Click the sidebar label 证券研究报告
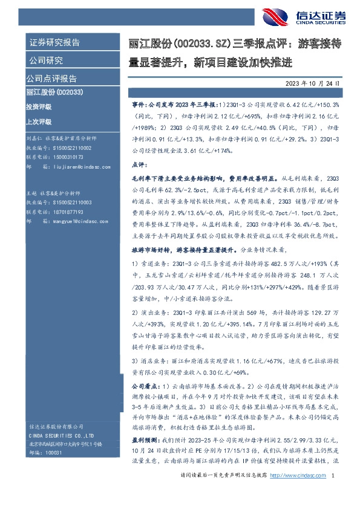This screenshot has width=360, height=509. (55, 42)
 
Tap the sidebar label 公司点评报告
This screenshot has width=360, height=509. (51, 78)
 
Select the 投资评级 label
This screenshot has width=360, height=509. (39, 106)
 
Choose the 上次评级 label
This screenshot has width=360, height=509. (39, 120)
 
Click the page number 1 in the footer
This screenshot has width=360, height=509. (333, 493)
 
